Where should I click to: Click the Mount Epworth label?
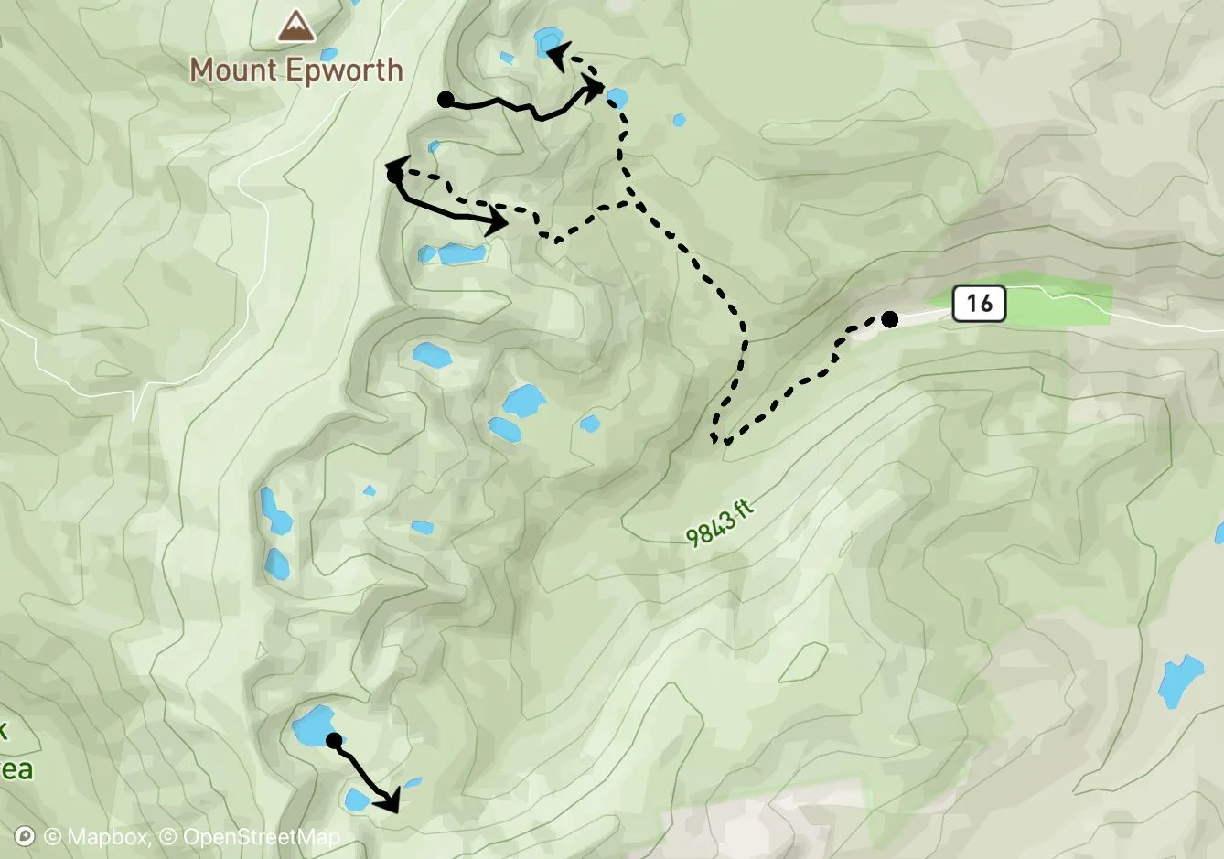[295, 70]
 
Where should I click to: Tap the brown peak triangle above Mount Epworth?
[295, 27]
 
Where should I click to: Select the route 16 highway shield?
[979, 303]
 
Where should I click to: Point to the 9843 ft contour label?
[721, 521]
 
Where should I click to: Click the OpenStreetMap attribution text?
[261, 837]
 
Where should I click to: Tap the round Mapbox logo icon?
[26, 837]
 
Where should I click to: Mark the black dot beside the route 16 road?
[889, 319]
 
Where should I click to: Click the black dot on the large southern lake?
[334, 739]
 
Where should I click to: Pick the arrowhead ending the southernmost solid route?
[391, 802]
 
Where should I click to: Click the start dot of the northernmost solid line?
[446, 100]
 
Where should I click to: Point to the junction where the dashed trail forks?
[629, 199]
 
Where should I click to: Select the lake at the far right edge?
[1179, 681]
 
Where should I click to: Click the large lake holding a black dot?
[311, 725]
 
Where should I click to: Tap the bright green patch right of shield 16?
[1061, 304]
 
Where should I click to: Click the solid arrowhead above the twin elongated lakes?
[497, 222]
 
